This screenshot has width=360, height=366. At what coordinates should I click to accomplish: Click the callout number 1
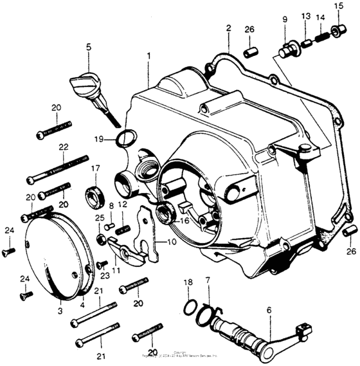point(148,57)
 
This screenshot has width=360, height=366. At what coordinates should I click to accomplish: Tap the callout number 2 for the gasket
point(228,28)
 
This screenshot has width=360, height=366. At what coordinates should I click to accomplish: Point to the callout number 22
point(63,147)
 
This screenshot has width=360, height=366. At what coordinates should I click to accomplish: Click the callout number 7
point(207,280)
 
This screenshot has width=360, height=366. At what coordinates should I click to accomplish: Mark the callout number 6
point(270,311)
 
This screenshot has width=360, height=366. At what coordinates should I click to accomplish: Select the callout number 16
point(184,221)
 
